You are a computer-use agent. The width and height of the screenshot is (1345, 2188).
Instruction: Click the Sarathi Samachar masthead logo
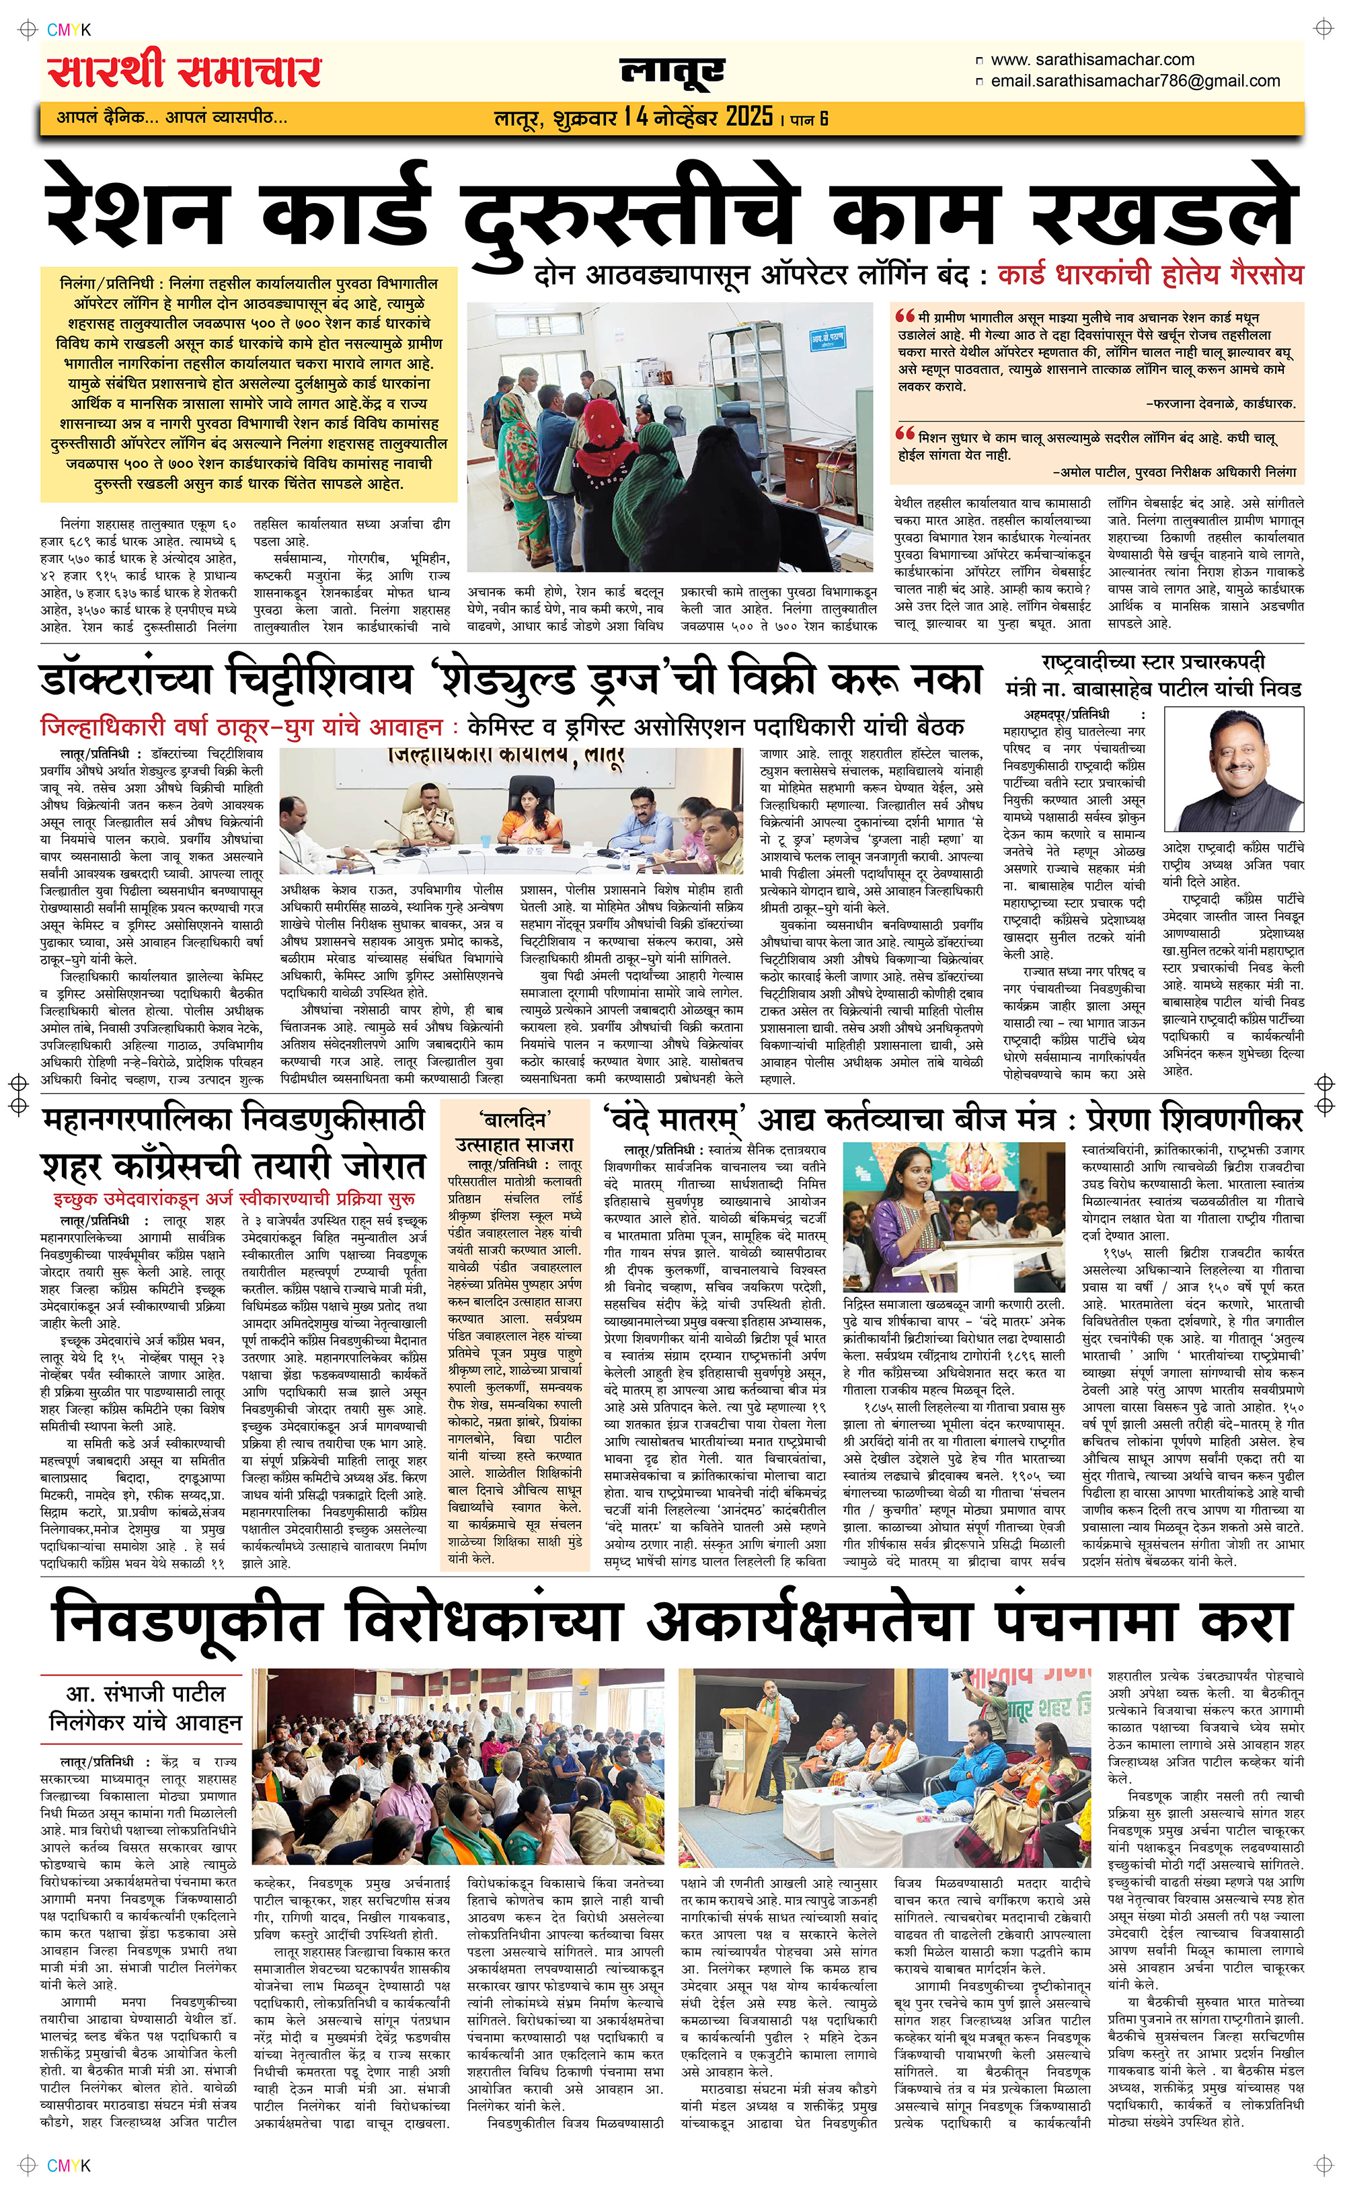click(x=185, y=72)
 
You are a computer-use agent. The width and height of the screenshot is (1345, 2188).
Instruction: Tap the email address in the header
click(x=1135, y=81)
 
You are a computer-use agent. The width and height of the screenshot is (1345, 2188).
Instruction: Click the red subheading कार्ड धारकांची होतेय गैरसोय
click(x=1150, y=275)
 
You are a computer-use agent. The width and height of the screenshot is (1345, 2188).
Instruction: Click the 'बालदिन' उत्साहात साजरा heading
click(x=514, y=1132)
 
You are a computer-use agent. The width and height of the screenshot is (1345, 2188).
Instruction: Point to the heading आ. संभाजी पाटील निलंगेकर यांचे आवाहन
click(x=145, y=1708)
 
